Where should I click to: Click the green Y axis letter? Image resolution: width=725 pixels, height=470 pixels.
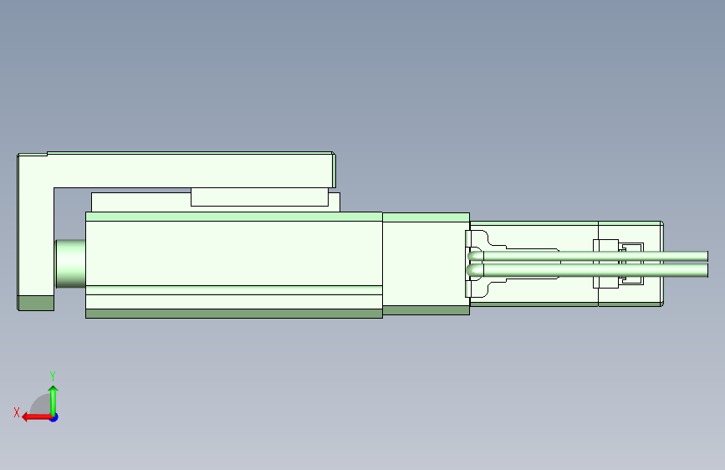point(53,375)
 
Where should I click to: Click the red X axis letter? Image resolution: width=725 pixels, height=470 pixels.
point(17,412)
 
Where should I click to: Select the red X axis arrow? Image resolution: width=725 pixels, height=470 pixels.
point(37,417)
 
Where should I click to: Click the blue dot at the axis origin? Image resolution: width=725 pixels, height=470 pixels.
point(54,417)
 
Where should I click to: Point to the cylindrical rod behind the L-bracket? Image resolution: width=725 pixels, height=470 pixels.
point(70,263)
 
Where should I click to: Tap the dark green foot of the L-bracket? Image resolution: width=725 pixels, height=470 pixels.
point(36,304)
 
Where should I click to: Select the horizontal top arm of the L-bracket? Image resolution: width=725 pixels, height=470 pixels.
point(190,171)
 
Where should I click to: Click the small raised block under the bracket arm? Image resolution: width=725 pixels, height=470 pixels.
point(259,197)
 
